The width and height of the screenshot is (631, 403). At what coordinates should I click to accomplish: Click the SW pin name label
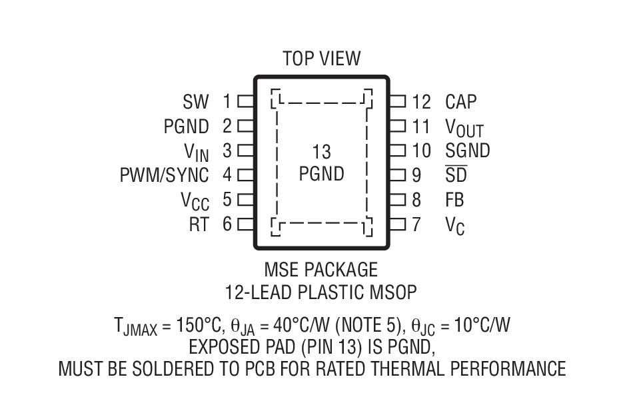click(196, 102)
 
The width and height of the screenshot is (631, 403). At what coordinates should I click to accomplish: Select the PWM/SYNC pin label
click(164, 175)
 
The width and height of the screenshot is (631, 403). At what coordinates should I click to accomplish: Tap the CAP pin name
click(461, 102)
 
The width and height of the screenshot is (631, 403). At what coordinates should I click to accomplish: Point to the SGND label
click(467, 151)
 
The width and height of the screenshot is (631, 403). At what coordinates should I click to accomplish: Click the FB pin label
click(454, 200)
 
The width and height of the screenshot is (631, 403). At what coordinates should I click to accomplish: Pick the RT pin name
click(199, 224)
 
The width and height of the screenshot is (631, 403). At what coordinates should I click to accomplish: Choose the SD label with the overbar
click(456, 175)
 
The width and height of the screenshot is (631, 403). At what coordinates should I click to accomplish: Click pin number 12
click(421, 102)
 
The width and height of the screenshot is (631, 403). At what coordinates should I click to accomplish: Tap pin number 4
click(227, 175)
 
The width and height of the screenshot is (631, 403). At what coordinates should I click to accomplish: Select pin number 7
click(416, 224)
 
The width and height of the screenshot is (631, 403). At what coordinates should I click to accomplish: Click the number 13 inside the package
click(321, 152)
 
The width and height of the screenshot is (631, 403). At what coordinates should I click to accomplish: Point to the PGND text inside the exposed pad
click(321, 175)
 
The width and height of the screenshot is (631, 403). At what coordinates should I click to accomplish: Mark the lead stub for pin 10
click(397, 151)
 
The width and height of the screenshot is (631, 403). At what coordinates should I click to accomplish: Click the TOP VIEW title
click(321, 59)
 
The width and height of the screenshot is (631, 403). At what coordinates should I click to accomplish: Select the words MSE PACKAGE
click(321, 270)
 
